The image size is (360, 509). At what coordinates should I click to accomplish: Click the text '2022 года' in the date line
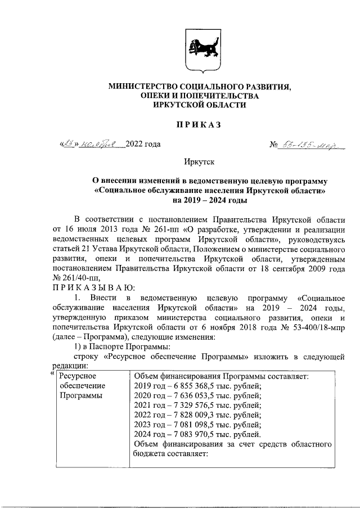[143, 144]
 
